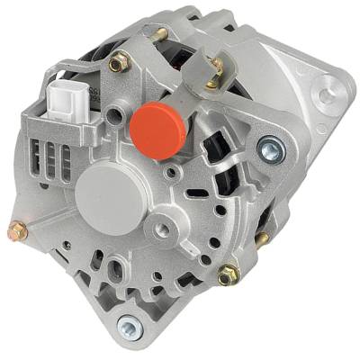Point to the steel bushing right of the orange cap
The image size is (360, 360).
[269, 146]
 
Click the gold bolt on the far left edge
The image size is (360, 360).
[18, 231]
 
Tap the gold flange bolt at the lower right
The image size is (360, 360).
[229, 273]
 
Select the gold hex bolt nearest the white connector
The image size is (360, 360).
[117, 63]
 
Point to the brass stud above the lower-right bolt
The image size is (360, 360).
[261, 238]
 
